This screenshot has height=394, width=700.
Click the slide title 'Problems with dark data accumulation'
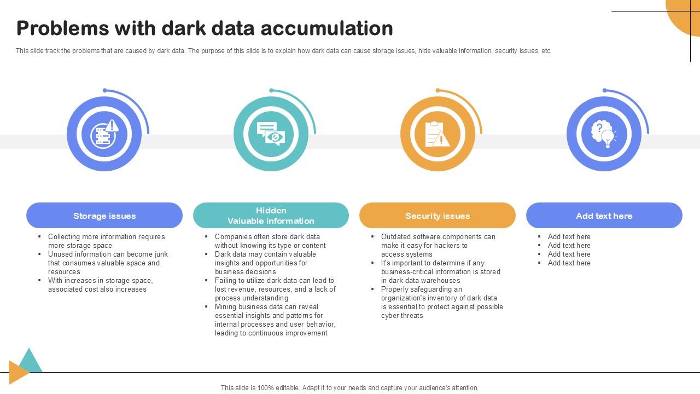[x=205, y=28]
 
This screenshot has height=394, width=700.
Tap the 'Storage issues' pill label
[x=104, y=216]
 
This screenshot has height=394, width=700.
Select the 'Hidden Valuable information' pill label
[x=271, y=216]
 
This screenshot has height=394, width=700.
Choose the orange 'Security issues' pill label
[x=437, y=216]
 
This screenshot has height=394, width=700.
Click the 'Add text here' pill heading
[x=604, y=216]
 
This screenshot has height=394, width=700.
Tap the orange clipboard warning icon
[x=437, y=134]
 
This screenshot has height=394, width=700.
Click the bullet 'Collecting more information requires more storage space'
[x=106, y=241]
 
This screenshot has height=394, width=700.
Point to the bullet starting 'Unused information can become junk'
[x=108, y=263]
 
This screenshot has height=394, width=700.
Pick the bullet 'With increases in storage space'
[x=100, y=285]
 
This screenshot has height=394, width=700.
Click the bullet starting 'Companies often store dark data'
[x=270, y=241]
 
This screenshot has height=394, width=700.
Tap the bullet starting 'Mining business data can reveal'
[x=275, y=320]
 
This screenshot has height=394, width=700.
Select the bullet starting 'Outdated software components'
[x=437, y=245]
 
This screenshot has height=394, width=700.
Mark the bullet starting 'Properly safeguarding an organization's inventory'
[x=441, y=302]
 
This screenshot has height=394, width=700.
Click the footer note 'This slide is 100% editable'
[x=349, y=387]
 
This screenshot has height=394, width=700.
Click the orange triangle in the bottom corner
[x=17, y=372]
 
